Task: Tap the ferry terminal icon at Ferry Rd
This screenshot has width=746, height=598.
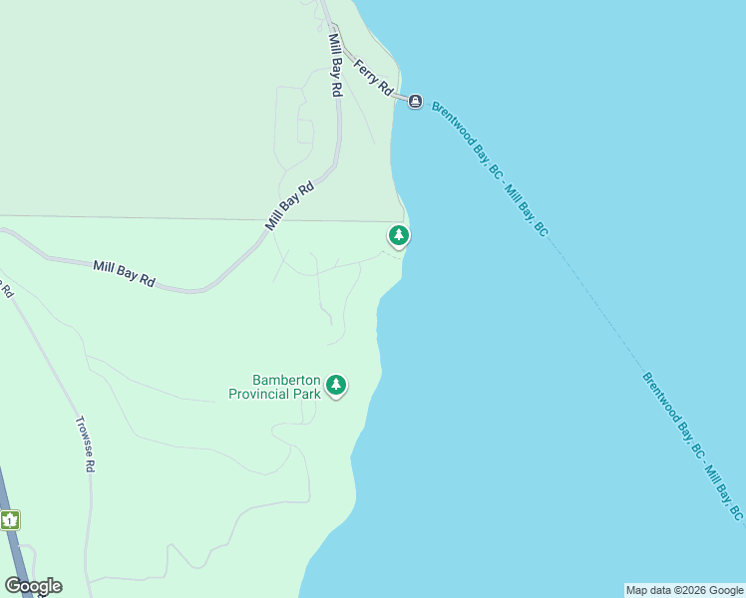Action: tap(415, 101)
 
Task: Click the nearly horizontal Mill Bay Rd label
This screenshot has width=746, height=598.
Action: tap(125, 273)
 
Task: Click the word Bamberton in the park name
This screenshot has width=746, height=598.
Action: tap(286, 381)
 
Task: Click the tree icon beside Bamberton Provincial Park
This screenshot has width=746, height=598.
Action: tap(337, 385)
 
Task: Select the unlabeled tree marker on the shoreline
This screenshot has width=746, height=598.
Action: tap(399, 236)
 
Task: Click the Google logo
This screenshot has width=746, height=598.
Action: tap(33, 586)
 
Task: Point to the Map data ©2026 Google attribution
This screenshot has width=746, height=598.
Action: tap(684, 590)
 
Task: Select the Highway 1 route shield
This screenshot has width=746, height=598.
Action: tap(10, 519)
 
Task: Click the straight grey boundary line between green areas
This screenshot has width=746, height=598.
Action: tap(199, 218)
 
